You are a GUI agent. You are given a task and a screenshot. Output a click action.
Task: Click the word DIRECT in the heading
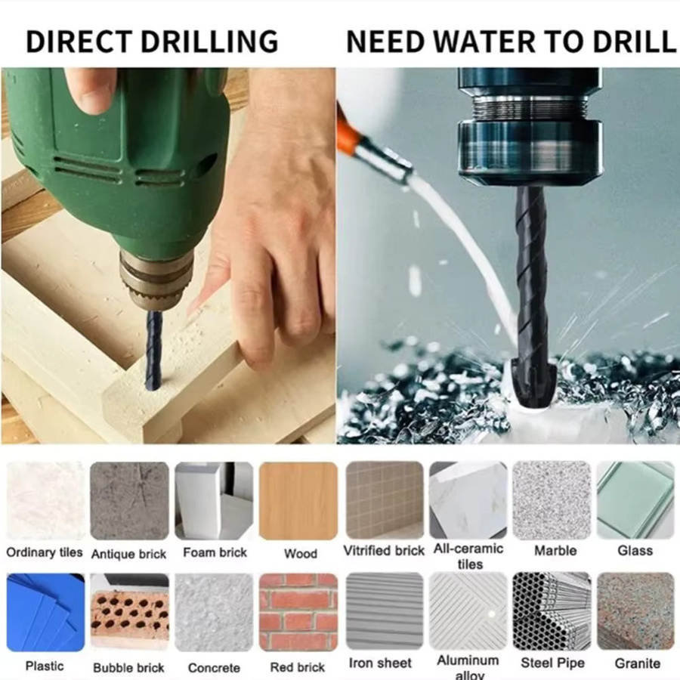79,42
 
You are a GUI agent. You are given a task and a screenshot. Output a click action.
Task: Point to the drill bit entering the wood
153,348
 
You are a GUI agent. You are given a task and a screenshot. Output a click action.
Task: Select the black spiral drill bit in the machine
530,295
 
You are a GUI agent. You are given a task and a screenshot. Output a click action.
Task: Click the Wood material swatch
298,501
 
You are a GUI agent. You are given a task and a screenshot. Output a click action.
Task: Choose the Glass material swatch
635,500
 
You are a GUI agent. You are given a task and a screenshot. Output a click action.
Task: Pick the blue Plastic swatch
45,612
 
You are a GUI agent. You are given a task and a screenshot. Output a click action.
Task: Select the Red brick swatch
298,612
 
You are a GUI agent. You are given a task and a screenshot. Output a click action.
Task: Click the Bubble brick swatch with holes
129,612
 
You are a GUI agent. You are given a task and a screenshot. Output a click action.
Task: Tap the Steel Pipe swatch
552,611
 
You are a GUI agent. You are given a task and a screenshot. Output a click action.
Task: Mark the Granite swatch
635,611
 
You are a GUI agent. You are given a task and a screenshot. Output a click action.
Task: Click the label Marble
555,551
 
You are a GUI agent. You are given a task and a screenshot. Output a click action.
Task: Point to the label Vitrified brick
384,551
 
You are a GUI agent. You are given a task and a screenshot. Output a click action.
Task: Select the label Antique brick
128,555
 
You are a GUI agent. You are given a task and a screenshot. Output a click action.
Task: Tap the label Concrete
214,667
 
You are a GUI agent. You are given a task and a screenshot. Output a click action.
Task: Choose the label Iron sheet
380,663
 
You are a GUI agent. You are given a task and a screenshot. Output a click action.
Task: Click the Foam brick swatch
214,501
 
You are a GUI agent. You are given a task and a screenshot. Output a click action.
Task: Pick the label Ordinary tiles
45,552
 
